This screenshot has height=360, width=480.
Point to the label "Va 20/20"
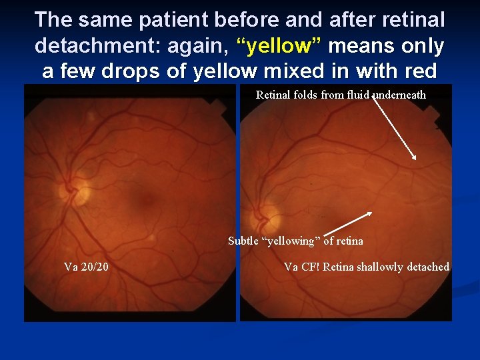pos(87,267)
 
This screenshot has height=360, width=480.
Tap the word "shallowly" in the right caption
pos(379,267)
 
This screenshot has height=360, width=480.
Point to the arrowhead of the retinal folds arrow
pos(415,158)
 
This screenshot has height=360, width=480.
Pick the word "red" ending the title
pos(421,71)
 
